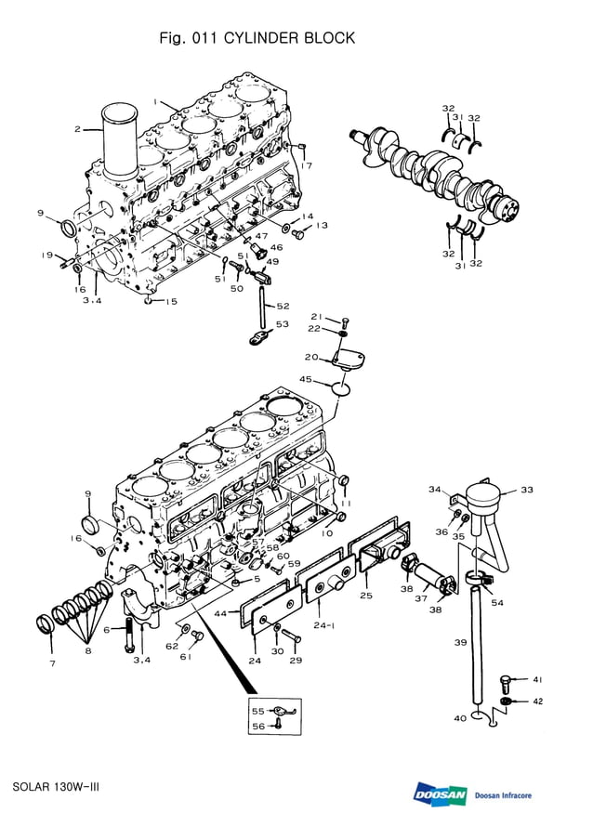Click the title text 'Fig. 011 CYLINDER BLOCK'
257,38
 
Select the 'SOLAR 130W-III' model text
56,787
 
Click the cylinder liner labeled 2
119,144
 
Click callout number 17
307,165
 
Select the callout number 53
283,323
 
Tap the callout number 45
306,379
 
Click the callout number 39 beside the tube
460,642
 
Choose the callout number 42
537,701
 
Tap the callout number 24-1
324,625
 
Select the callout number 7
52,663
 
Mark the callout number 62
172,645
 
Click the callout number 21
316,317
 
